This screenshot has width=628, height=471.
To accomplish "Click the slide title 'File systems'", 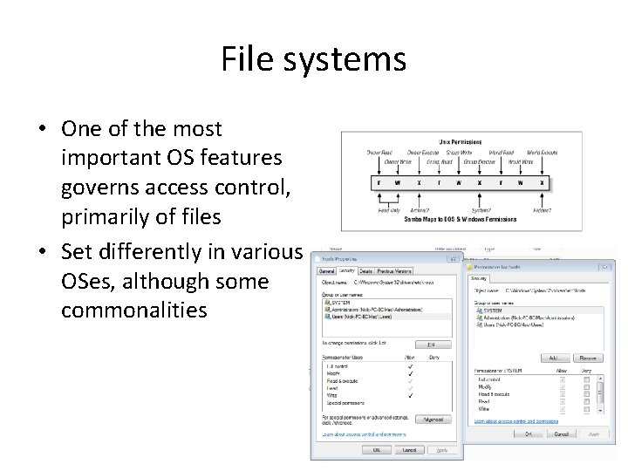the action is click(313, 60).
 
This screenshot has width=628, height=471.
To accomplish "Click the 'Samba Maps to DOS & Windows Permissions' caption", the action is click(461, 220).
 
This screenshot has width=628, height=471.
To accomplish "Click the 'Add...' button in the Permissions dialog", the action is click(551, 358).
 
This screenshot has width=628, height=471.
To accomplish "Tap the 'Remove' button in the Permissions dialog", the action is click(589, 358).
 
